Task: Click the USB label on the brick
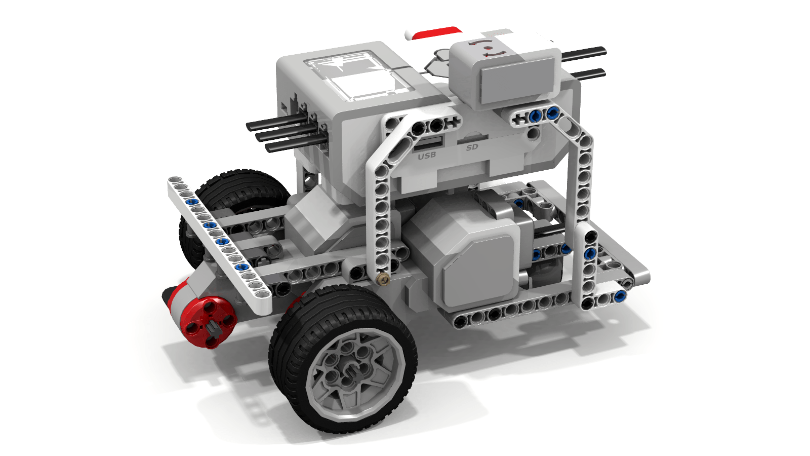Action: pos(427,155)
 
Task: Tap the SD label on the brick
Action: pos(472,147)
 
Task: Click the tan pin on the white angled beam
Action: pos(384,278)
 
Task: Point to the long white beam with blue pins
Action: pos(218,238)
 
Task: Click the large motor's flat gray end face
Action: pos(478,271)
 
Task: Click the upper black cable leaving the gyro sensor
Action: pos(585,53)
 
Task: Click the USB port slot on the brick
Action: pos(429,142)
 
